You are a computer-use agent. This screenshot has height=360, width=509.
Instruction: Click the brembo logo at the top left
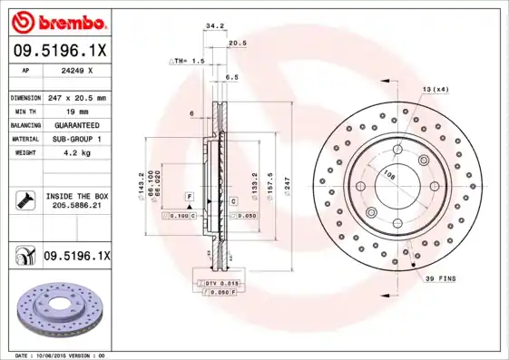(x=56, y=20)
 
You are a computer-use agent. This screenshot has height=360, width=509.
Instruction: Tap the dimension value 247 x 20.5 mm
(x=76, y=96)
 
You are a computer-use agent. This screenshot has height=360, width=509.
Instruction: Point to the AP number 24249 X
(x=76, y=69)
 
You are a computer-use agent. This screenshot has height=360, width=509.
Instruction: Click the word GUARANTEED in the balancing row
(x=76, y=125)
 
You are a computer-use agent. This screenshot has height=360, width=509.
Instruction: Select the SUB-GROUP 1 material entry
(x=76, y=140)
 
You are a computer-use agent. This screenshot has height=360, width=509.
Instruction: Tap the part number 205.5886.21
(x=76, y=207)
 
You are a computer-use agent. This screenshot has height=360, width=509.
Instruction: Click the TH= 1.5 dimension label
(x=189, y=60)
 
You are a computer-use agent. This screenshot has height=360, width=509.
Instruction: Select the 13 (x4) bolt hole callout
(x=436, y=88)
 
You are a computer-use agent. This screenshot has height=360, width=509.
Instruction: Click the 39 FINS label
(x=441, y=278)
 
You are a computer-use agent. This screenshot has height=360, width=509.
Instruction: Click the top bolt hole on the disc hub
(x=396, y=151)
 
